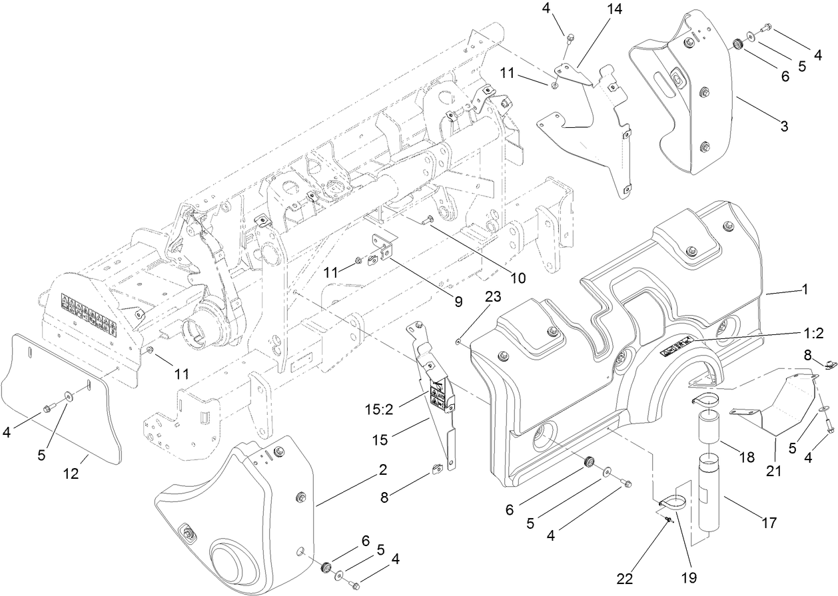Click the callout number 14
(613, 10)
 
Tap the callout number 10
(518, 277)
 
